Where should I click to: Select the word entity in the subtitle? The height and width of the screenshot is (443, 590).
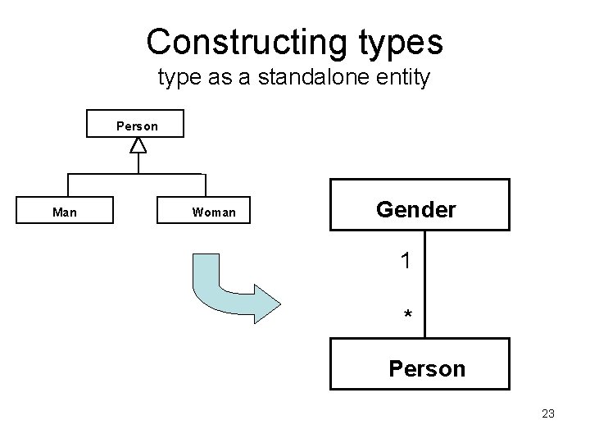click(405, 80)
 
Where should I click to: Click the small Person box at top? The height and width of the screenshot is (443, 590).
click(138, 126)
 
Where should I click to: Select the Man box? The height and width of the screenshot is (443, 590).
click(66, 212)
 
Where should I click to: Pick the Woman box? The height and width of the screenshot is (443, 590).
click(214, 212)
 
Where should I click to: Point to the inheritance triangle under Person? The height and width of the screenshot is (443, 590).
click(138, 145)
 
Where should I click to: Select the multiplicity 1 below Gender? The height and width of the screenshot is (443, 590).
click(406, 262)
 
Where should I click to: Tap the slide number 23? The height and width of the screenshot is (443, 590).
click(548, 413)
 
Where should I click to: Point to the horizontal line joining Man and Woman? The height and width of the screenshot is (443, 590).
click(136, 174)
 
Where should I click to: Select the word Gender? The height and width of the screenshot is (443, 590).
click(416, 209)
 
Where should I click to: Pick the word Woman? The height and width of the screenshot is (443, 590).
click(214, 212)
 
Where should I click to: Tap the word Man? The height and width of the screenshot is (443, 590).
click(66, 212)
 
